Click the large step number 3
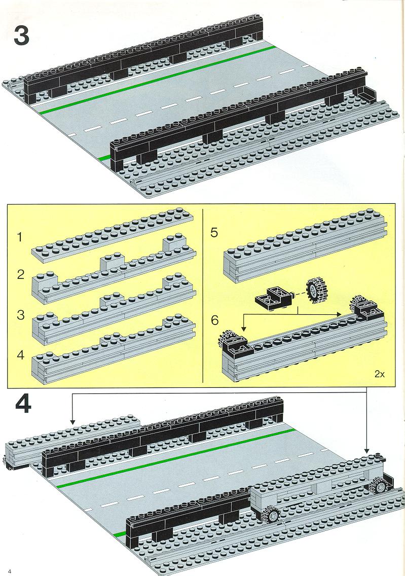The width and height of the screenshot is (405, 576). (x=22, y=35)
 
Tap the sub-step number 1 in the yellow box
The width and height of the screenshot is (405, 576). (x=20, y=237)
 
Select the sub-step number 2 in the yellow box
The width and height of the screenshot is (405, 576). (x=21, y=274)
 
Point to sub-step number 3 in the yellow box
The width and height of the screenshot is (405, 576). (x=21, y=315)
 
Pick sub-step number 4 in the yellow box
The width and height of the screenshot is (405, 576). (x=21, y=355)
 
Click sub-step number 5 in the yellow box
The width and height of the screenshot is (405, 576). (x=214, y=233)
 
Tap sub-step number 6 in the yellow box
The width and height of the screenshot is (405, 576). (x=215, y=320)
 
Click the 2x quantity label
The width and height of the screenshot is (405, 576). (x=379, y=375)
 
